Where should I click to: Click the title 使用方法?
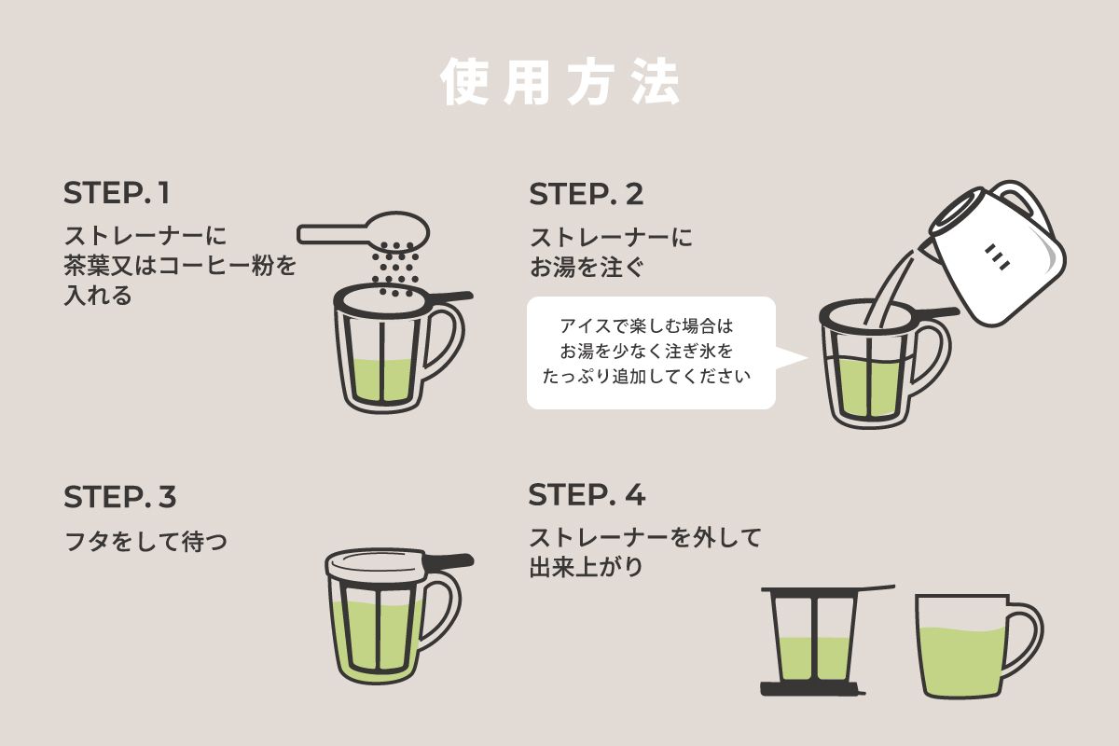pos(560,81)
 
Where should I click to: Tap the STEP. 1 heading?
pos(117,193)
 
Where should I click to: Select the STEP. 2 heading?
pos(586,194)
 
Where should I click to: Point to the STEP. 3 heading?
pos(120,497)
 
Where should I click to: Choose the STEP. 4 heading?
pos(587,494)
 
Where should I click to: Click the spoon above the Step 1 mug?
pos(363,230)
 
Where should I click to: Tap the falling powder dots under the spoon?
pos(395,269)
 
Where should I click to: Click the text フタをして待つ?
pos(145,542)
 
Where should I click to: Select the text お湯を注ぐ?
pos(587,267)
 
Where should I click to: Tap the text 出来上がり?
pos(586,567)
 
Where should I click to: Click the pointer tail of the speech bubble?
pos(792,358)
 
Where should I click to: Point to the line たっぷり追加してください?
pos(646,376)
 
